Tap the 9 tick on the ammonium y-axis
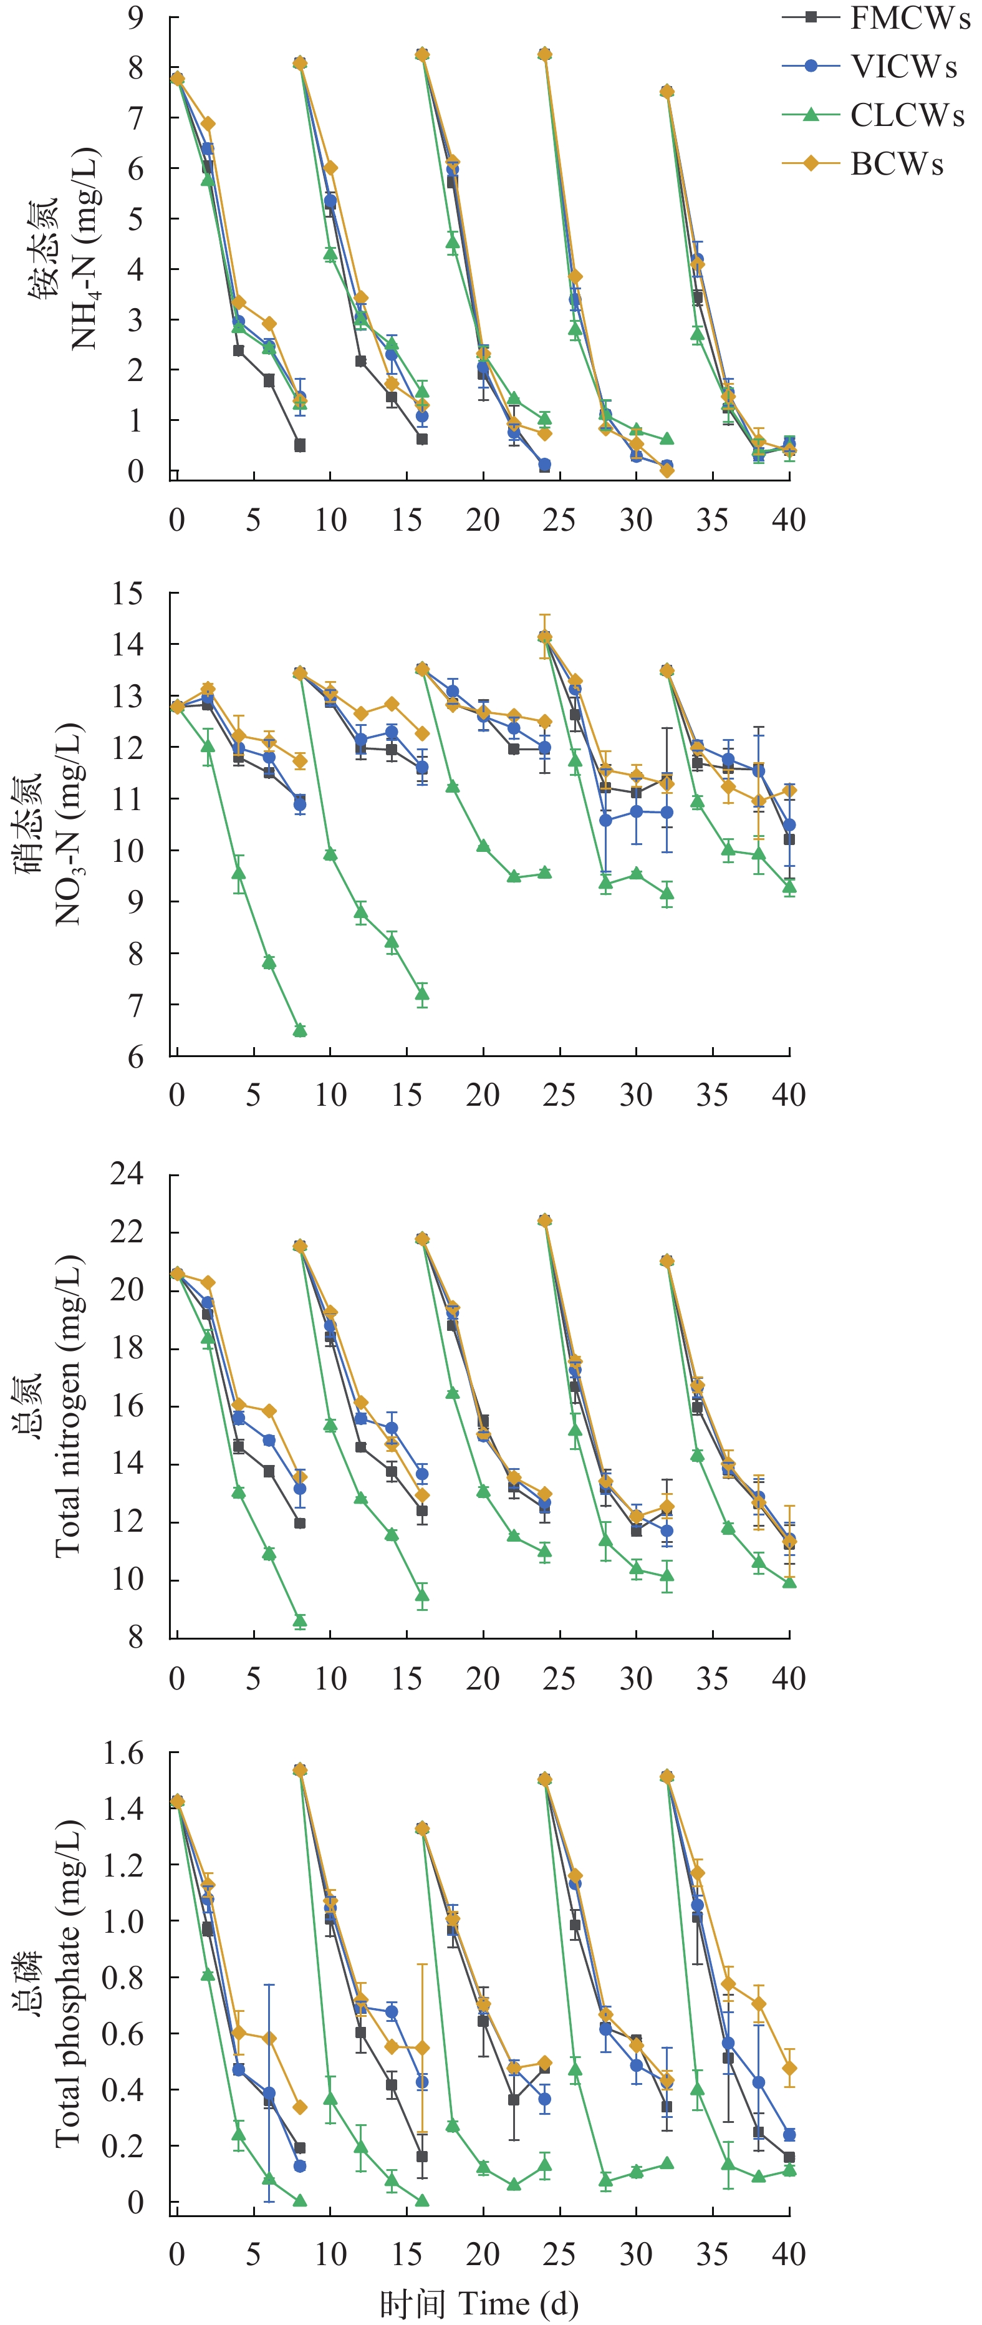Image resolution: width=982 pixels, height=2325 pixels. tap(135, 18)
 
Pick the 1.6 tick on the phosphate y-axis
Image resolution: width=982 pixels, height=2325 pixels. tap(123, 1752)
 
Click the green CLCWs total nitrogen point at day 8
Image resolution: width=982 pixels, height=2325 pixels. tap(300, 1621)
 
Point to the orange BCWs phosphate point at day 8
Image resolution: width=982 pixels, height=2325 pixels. tap(300, 2107)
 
